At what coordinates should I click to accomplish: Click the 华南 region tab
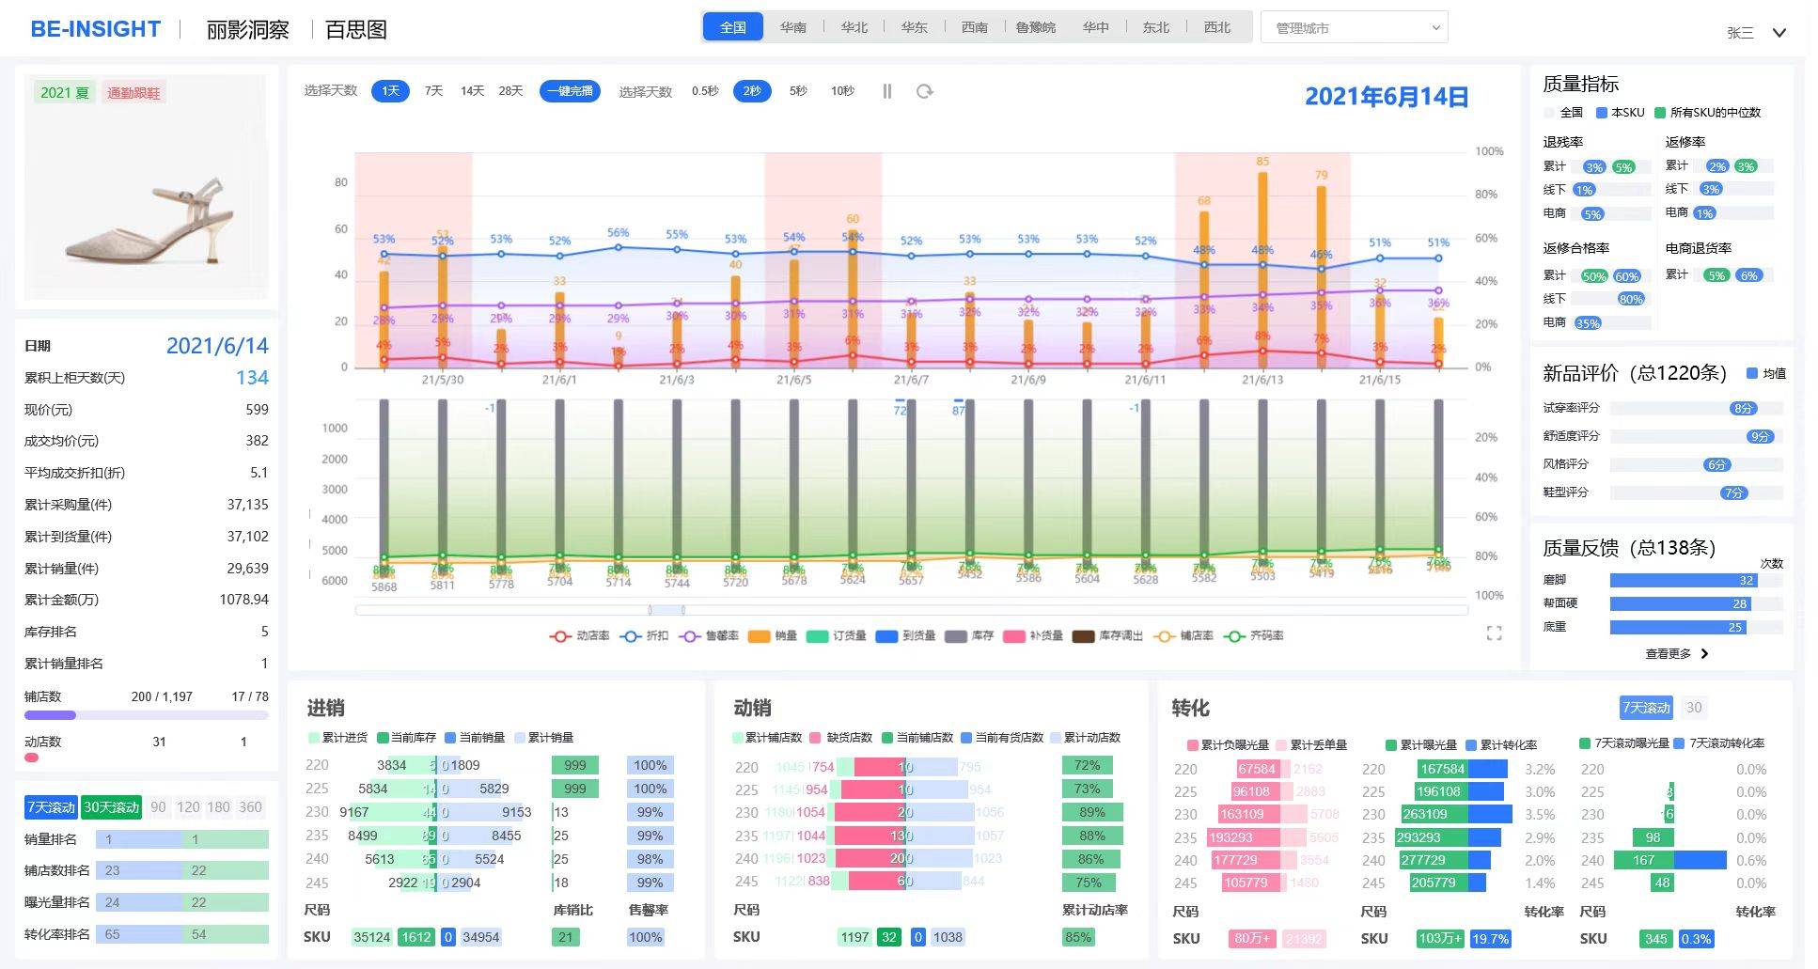click(x=792, y=27)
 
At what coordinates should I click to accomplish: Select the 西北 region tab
click(x=1216, y=27)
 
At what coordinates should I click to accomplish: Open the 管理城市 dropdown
click(x=1354, y=28)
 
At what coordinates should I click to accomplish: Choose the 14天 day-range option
click(x=472, y=91)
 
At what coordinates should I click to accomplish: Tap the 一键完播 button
click(x=570, y=91)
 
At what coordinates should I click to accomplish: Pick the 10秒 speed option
click(x=842, y=91)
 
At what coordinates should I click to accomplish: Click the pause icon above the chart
click(x=886, y=91)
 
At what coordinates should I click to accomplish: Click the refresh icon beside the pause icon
click(x=925, y=91)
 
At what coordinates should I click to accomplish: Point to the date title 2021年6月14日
click(x=1386, y=97)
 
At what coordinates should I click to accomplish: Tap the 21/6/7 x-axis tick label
click(x=910, y=381)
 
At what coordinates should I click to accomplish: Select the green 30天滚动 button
click(x=111, y=807)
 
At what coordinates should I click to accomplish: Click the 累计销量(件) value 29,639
click(x=247, y=569)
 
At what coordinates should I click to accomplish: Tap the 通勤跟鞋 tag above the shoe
click(x=133, y=93)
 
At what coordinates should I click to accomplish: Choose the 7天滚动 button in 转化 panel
click(x=1646, y=708)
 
